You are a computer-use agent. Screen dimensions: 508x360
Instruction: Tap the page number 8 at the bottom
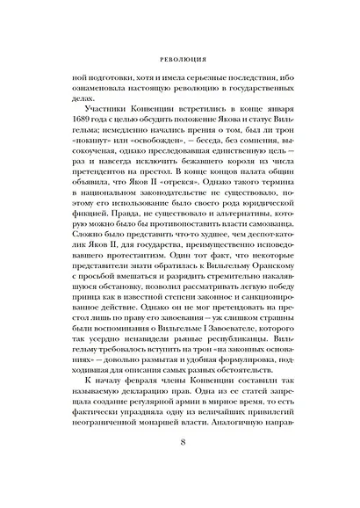pyautogui.click(x=179, y=470)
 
